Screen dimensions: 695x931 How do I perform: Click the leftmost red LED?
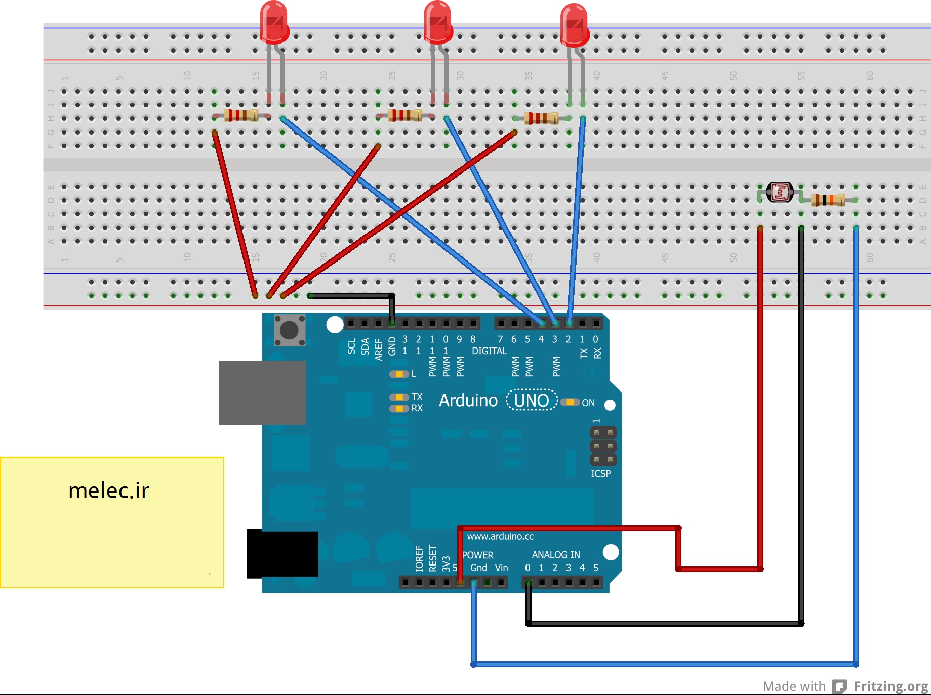click(x=274, y=23)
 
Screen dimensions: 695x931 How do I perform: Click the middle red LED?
click(x=438, y=23)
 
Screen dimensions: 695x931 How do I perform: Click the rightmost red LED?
click(x=575, y=25)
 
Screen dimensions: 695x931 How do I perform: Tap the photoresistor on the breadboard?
click(x=780, y=192)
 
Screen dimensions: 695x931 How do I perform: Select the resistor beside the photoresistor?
click(x=828, y=200)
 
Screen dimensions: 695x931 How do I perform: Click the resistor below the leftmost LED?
click(x=241, y=115)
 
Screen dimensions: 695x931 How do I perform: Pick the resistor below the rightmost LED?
click(x=541, y=118)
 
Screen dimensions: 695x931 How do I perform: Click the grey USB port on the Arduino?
click(x=262, y=393)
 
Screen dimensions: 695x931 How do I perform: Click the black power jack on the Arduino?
click(x=282, y=553)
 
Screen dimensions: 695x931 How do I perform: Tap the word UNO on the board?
click(x=532, y=401)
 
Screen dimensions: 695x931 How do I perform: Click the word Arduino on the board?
click(x=468, y=401)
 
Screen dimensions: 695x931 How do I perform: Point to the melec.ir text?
click(x=109, y=491)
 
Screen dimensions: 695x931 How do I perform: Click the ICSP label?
click(x=601, y=474)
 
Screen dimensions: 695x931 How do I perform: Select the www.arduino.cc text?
click(x=500, y=536)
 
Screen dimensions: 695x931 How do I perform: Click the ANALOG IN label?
click(x=556, y=555)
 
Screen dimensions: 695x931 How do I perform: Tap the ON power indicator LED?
click(x=570, y=402)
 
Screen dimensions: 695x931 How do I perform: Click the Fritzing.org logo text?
click(x=890, y=686)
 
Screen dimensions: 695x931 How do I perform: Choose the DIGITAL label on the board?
click(x=489, y=351)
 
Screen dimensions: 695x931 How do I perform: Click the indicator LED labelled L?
click(x=399, y=374)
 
